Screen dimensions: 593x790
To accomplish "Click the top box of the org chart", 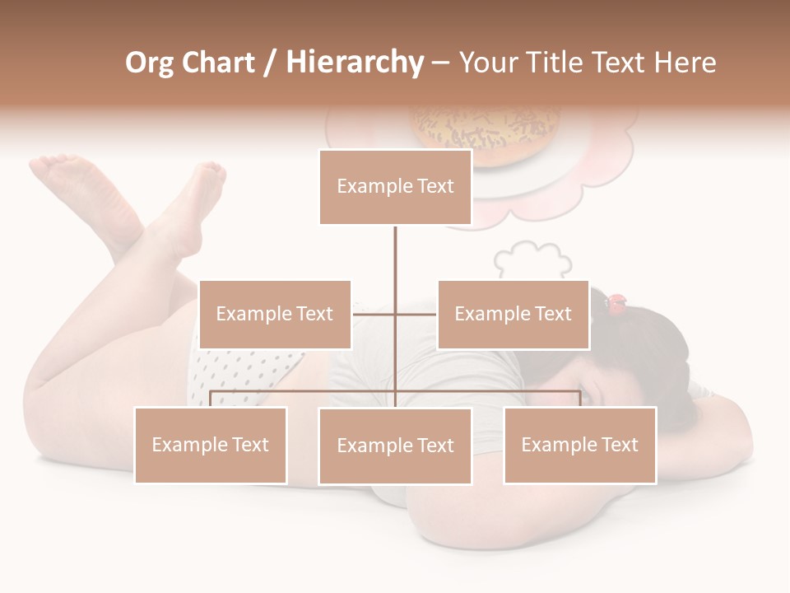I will (x=395, y=187).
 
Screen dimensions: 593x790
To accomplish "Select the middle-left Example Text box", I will (x=275, y=314).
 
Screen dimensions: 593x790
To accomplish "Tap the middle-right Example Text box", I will (x=513, y=314).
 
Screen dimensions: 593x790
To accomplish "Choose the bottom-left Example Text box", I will (x=211, y=445).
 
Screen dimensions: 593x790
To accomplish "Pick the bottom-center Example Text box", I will (x=395, y=446).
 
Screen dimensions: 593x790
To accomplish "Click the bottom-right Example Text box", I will (x=579, y=445).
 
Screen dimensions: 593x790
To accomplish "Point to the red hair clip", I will (x=616, y=304).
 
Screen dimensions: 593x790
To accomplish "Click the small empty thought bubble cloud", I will (x=532, y=259).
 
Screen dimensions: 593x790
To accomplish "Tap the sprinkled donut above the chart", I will (x=486, y=132).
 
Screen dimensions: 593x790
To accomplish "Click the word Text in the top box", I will (x=434, y=187).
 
